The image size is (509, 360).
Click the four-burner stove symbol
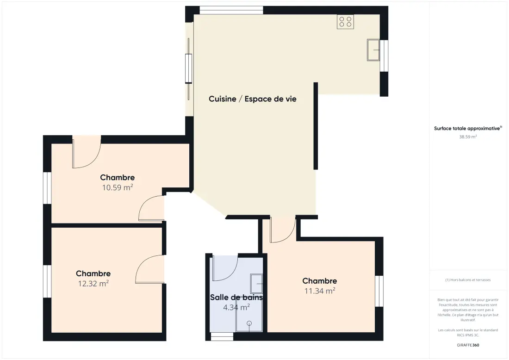click(x=345, y=22)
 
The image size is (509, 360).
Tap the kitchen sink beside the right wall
click(x=373, y=50)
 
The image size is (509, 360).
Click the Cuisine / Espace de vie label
click(x=253, y=99)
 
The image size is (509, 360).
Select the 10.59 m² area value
click(x=118, y=187)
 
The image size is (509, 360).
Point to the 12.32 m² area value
click(x=93, y=283)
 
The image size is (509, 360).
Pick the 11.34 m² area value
click(x=320, y=291)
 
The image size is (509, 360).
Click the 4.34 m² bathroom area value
click(x=236, y=307)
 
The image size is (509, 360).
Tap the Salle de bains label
click(x=236, y=297)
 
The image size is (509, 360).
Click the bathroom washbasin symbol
click(x=256, y=284)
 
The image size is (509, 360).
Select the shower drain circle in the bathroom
click(x=249, y=323)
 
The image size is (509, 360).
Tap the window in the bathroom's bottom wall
click(x=222, y=336)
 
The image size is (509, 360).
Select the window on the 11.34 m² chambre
click(x=379, y=291)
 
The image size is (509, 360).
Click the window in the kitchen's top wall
click(x=231, y=10)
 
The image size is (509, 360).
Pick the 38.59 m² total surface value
click(x=468, y=137)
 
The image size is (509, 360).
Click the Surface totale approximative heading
click(x=468, y=128)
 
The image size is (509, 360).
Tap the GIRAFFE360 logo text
click(x=468, y=345)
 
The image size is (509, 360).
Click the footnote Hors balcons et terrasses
click(x=468, y=280)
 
